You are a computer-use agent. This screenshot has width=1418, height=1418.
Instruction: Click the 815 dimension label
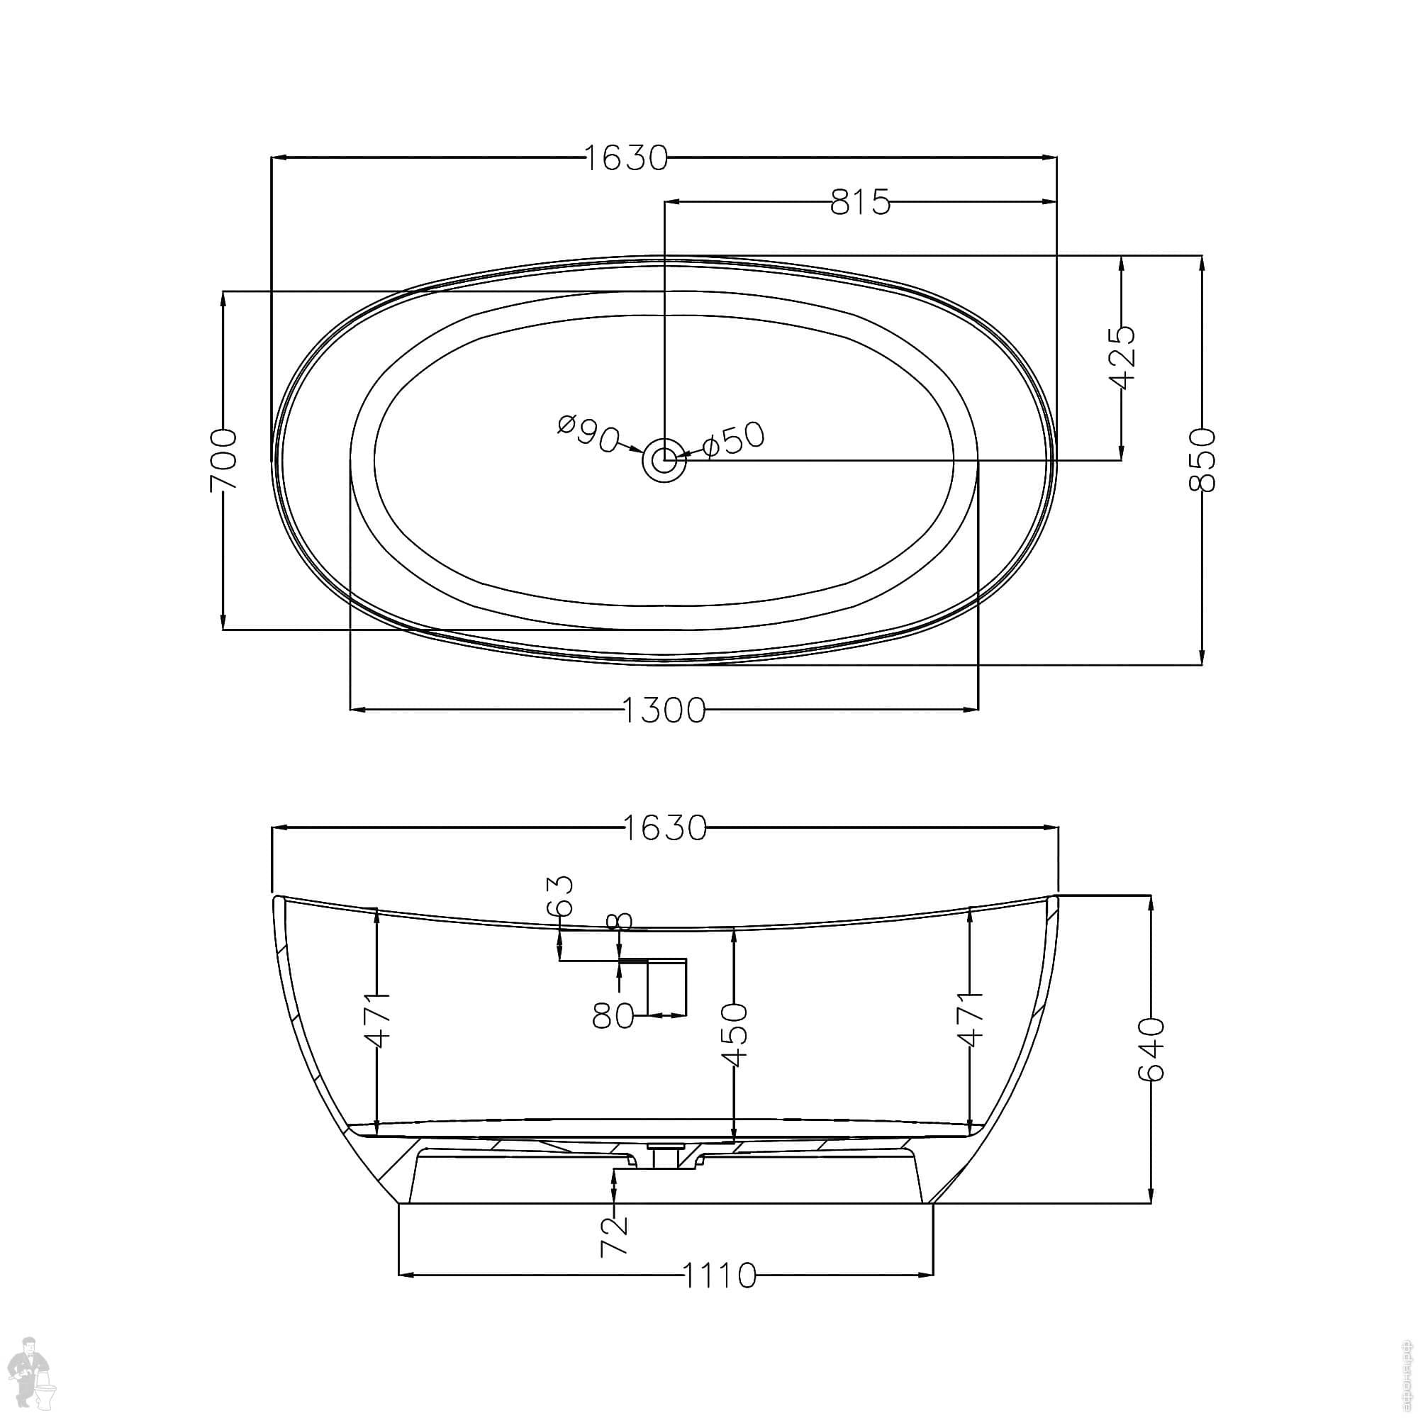coord(860,202)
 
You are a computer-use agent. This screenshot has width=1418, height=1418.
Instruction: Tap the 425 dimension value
coord(1122,357)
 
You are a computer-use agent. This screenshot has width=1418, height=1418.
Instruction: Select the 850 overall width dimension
coord(1202,459)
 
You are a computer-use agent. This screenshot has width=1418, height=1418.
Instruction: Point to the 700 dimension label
coord(223,460)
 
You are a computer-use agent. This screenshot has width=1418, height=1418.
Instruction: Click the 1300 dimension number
coord(664,710)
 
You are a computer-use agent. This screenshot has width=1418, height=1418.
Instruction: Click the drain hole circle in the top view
coord(664,460)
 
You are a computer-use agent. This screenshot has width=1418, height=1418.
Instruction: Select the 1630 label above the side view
coord(665,828)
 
